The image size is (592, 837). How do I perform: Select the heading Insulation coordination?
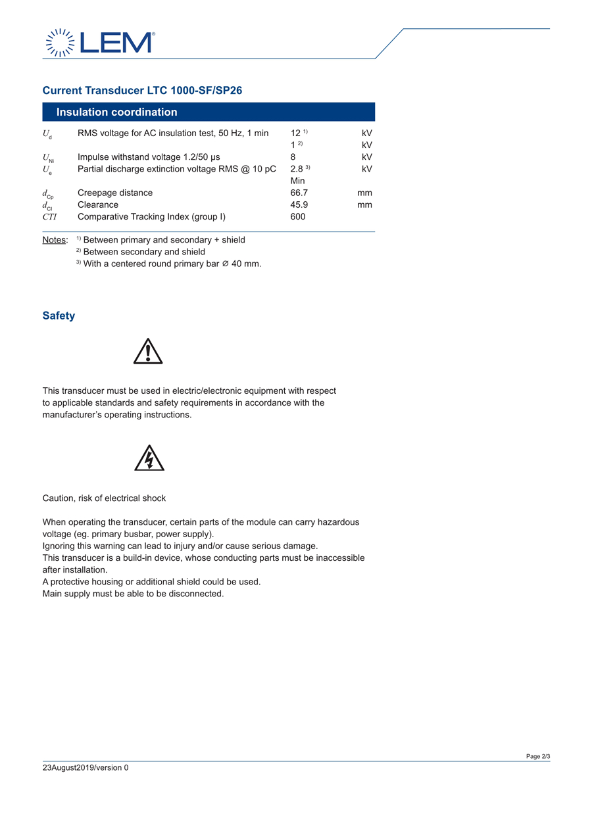[116, 112]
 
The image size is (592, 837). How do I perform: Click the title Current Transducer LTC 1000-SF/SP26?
[142, 90]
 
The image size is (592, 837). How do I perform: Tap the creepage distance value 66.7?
[299, 193]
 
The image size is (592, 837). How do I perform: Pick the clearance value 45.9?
[299, 204]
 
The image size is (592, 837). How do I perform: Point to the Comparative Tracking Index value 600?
[297, 216]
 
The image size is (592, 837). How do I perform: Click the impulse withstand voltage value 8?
[293, 157]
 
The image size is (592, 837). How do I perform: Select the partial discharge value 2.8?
[297, 169]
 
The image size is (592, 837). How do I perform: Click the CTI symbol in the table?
[50, 216]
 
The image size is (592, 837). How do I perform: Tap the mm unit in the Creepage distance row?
[364, 193]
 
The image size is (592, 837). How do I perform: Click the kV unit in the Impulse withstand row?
[366, 157]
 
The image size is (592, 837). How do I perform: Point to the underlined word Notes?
[55, 240]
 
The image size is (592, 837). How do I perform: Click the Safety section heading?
[59, 316]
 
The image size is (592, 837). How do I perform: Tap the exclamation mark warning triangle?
[148, 352]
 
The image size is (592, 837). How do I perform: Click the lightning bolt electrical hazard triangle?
[149, 458]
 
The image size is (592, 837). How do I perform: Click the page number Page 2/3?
[537, 756]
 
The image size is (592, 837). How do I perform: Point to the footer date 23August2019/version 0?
[86, 767]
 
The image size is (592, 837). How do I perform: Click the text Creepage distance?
[115, 193]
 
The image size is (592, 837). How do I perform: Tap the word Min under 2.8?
[297, 181]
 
